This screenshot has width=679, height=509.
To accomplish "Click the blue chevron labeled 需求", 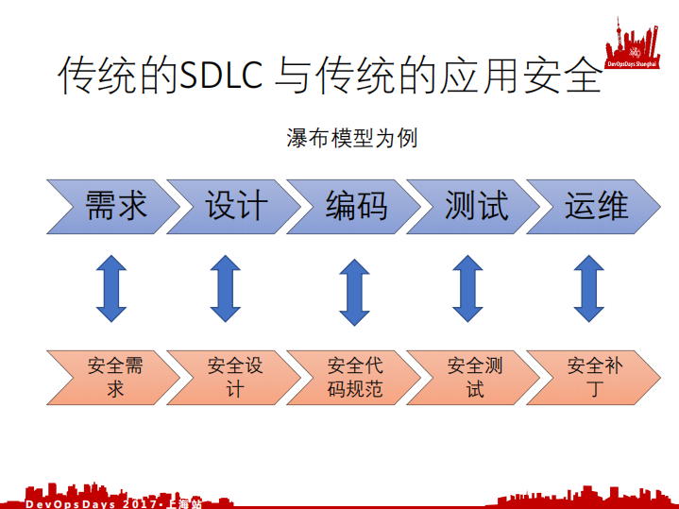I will click(113, 205).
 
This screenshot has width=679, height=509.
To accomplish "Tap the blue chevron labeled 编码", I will click(354, 205).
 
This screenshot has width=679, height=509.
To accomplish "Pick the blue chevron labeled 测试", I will click(474, 205).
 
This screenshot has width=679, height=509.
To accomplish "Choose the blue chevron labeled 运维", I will click(594, 205).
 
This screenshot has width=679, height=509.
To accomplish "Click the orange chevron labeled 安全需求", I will click(113, 376).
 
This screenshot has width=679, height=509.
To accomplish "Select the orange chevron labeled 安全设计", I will click(234, 376).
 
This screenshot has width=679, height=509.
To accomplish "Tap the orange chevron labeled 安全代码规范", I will click(354, 376).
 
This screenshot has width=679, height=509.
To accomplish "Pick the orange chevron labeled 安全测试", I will click(474, 376).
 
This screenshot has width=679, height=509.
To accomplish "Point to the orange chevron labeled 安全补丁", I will click(594, 376).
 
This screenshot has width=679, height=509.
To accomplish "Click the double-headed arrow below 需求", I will click(110, 288).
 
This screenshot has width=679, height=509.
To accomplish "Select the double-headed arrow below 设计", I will click(226, 288).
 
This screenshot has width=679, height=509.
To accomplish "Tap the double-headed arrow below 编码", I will click(354, 291).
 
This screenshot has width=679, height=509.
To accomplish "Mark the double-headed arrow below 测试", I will click(467, 288).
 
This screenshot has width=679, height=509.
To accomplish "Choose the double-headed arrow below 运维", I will click(589, 288).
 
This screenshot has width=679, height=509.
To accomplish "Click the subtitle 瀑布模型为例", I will click(351, 138).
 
